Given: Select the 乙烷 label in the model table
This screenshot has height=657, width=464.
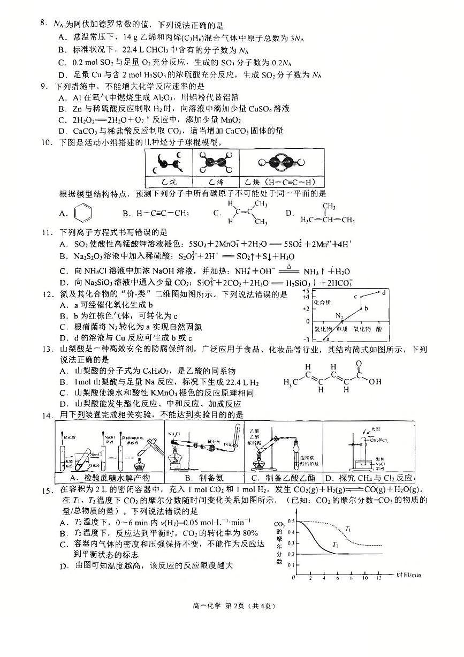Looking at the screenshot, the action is click(x=164, y=182).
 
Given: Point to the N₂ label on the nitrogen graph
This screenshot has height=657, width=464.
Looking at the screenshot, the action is click(x=339, y=315).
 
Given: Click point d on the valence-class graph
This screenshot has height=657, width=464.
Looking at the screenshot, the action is click(x=384, y=292).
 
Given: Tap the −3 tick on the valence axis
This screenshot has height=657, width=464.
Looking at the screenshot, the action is click(x=307, y=339).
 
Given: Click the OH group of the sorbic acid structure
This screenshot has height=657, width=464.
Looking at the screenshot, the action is click(x=375, y=382).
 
